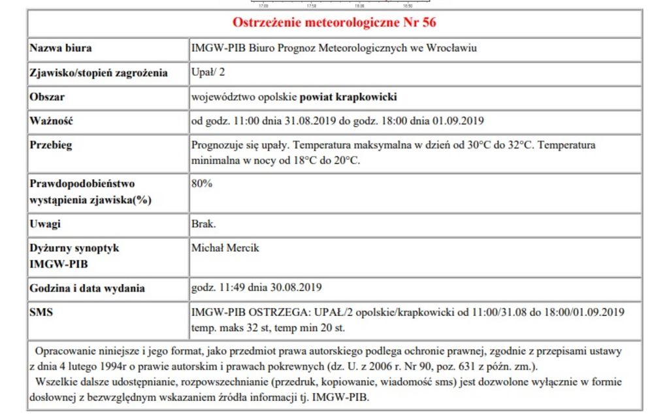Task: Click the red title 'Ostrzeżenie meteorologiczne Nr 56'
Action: point(334,23)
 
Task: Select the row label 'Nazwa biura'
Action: point(61,48)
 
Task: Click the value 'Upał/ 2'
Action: point(208,73)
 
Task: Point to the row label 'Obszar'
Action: point(47,97)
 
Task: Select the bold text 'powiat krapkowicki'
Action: point(348,97)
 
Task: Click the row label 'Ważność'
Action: point(51,121)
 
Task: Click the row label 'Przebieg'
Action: point(51,145)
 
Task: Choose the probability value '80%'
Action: point(202,184)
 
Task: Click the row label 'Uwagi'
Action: point(45,224)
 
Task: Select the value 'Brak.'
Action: point(204,224)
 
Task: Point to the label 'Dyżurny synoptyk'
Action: point(74,249)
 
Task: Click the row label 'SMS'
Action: point(41,313)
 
